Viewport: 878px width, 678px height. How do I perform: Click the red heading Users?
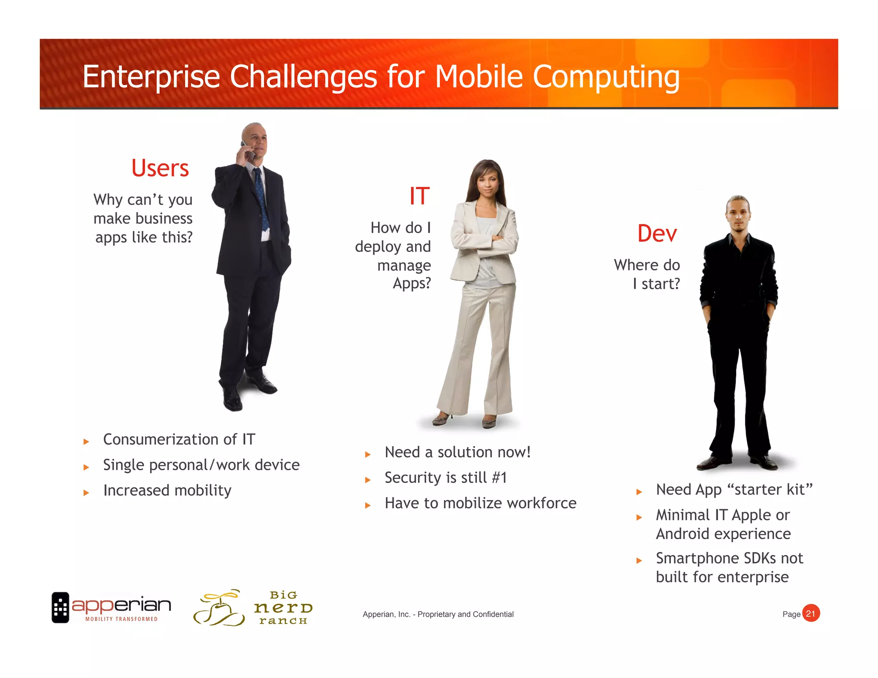click(160, 168)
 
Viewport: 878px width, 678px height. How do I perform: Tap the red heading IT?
click(419, 196)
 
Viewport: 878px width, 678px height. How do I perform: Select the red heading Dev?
click(657, 234)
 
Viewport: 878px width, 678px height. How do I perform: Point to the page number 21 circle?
click(810, 613)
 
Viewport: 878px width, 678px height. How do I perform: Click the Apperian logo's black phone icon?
click(60, 607)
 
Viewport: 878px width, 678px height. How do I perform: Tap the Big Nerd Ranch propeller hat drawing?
click(219, 608)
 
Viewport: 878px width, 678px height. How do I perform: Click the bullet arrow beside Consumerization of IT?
click(86, 441)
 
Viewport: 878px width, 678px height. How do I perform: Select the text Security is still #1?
click(445, 477)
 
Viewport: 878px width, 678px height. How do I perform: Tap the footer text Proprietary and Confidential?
click(465, 614)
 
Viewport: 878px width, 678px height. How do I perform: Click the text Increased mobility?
click(167, 490)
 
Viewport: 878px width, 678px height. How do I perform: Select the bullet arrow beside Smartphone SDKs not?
click(639, 560)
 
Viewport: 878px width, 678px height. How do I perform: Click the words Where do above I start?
click(646, 265)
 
